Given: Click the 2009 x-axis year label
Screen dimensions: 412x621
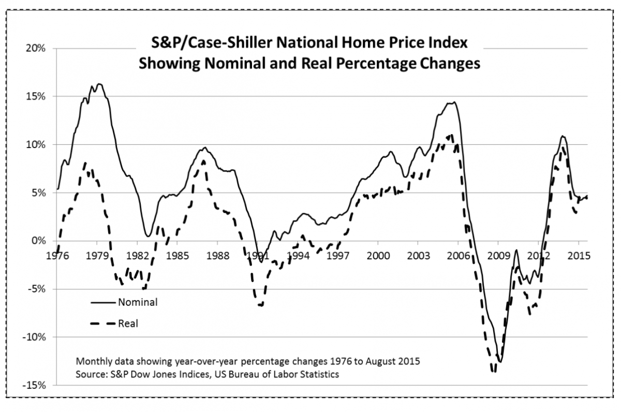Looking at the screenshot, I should point(498,255).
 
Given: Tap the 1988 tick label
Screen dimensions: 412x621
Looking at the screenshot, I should point(217,255).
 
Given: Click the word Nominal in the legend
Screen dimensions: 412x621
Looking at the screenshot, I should point(138,302).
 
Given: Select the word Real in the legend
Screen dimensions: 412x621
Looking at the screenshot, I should point(128,323).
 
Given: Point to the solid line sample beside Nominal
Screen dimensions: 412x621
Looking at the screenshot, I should point(102,302).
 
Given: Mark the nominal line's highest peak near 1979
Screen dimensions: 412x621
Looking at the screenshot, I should point(99,84).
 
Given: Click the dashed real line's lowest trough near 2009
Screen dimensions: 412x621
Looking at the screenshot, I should point(494,371).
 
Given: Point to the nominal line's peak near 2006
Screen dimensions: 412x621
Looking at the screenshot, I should point(454,102).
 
